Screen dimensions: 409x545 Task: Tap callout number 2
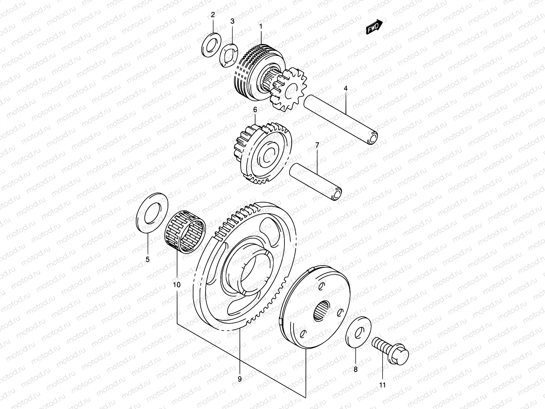213,15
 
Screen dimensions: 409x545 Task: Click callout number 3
232,21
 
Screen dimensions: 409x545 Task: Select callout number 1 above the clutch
261,26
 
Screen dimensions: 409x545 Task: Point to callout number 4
345,89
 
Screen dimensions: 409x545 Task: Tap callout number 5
147,260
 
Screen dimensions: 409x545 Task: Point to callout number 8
355,369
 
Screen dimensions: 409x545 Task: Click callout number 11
382,385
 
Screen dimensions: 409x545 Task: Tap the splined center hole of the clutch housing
322,310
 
